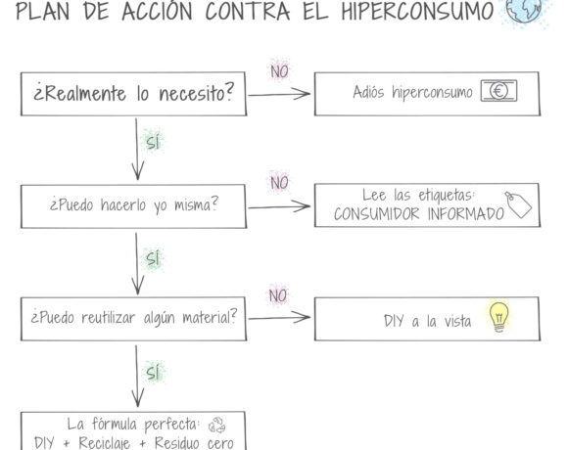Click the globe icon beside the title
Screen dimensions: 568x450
click(524, 9)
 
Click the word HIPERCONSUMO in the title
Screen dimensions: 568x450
click(417, 11)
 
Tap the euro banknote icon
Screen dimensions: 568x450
click(498, 91)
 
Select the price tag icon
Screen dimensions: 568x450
click(518, 204)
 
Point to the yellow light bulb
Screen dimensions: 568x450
click(498, 317)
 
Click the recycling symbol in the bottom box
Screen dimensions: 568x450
click(217, 425)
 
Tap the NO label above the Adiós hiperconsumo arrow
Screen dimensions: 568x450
click(279, 71)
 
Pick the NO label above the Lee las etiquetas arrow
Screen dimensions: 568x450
click(279, 183)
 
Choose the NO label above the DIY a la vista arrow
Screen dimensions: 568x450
click(278, 295)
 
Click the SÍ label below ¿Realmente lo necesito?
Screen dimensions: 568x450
click(153, 142)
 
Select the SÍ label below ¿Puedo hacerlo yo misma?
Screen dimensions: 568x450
click(153, 258)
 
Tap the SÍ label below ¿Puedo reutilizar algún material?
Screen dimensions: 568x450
click(153, 372)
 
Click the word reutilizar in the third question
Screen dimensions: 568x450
click(109, 318)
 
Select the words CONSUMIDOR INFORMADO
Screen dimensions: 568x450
click(419, 213)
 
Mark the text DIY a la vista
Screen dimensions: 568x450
click(427, 321)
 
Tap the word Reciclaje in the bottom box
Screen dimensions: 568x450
click(105, 443)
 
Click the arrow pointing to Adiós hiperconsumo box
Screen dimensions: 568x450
click(279, 94)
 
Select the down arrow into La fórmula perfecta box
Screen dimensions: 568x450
click(137, 377)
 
